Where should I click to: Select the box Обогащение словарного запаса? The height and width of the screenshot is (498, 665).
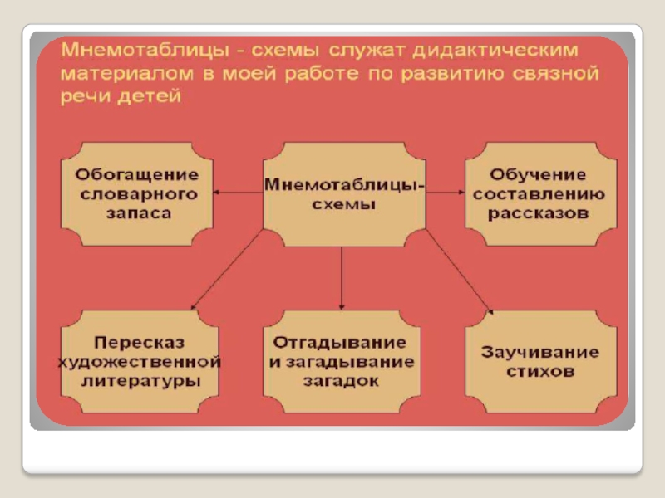[138, 193]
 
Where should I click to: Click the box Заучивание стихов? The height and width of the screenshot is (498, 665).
[540, 361]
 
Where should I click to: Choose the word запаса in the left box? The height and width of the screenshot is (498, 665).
[138, 213]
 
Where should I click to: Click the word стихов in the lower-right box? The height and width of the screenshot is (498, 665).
[540, 372]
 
